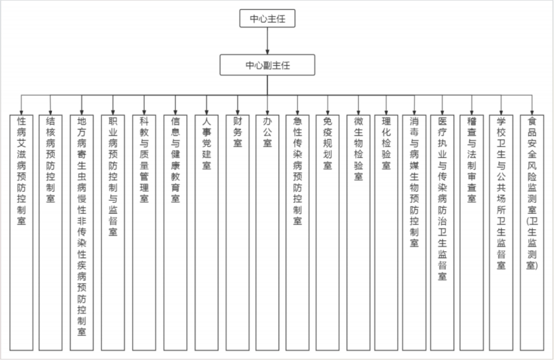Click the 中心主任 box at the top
click(267, 19)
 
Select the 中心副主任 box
click(267, 64)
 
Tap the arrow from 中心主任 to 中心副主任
click(267, 41)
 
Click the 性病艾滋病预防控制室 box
click(21, 233)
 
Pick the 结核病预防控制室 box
click(51, 233)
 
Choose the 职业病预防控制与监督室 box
click(113, 233)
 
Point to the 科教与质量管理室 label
click(144, 160)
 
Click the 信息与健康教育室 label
click(175, 160)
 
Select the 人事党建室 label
click(206, 143)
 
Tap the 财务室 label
click(238, 132)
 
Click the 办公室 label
click(267, 132)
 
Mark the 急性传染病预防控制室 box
click(298, 233)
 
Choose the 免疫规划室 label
click(328, 143)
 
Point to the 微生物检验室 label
click(358, 149)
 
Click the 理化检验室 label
click(386, 143)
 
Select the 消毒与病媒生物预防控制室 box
click(414, 233)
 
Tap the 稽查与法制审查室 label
click(472, 160)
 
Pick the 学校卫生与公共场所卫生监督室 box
click(501, 233)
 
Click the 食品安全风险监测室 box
click(532, 233)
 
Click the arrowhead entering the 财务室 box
click(238, 112)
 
